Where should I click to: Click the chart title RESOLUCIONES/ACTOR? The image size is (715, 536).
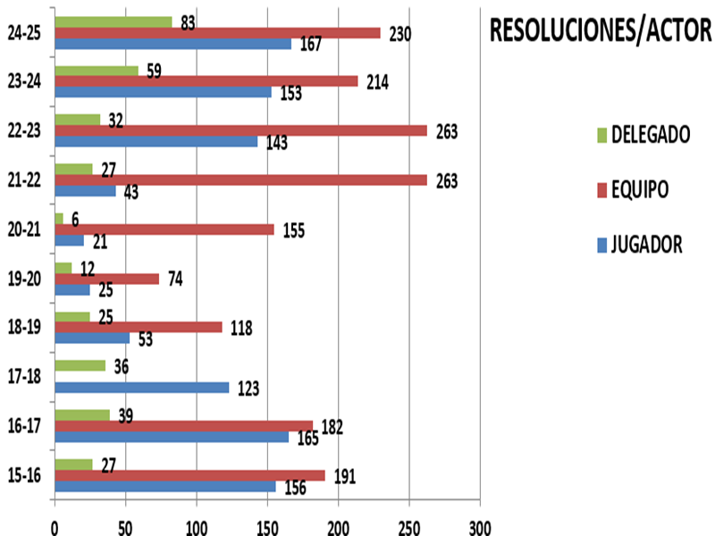[600, 32]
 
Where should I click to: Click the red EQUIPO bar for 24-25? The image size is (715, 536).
[217, 33]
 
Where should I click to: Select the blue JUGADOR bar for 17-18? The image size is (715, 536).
[141, 388]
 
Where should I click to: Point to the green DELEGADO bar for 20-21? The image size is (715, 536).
[59, 218]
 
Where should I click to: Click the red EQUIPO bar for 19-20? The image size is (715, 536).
[106, 279]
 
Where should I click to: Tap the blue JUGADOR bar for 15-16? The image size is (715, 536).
[165, 487]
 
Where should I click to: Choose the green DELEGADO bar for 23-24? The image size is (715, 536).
[97, 70]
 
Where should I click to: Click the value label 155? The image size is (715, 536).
[294, 230]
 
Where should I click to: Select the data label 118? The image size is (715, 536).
[240, 328]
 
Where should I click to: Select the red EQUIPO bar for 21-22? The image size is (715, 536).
[240, 180]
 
